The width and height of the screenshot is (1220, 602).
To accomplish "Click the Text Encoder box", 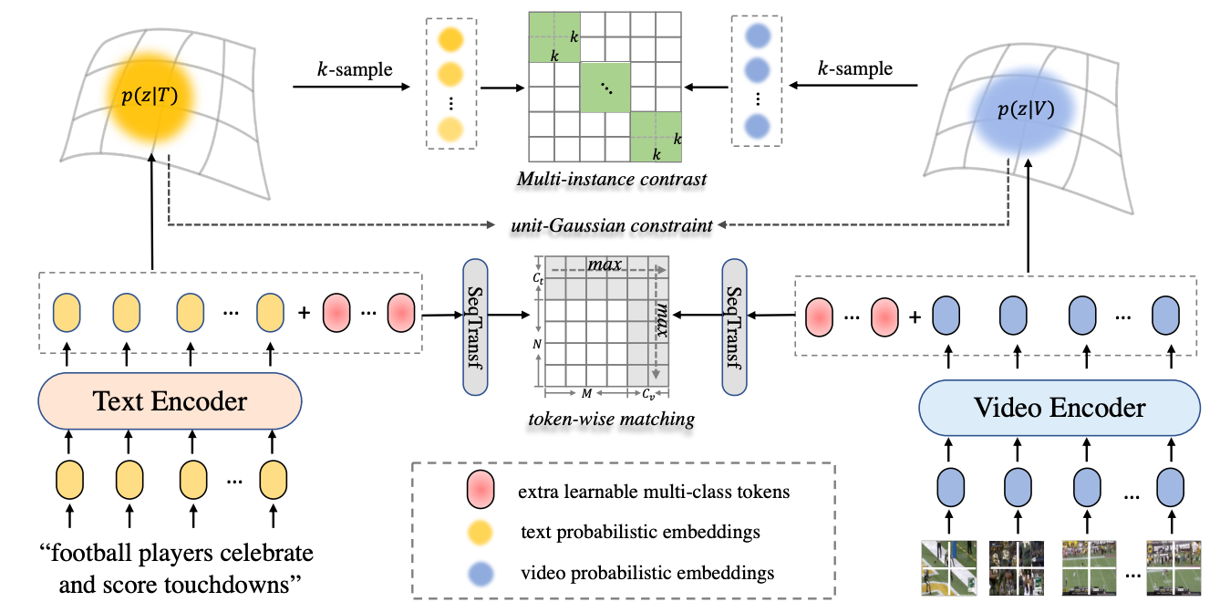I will pos(171,401).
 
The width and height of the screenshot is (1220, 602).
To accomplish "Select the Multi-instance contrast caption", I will pos(611,180).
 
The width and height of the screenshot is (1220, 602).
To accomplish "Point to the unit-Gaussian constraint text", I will pos(613,223).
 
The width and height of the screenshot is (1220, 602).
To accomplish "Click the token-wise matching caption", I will pos(611,420).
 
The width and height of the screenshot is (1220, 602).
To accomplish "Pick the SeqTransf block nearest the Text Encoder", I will pos(475,327).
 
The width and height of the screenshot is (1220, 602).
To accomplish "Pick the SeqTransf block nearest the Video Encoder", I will pos(733,327).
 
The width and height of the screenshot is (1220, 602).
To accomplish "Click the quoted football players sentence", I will pos(175,566).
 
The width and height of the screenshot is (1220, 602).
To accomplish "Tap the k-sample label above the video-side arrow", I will pos(854,69).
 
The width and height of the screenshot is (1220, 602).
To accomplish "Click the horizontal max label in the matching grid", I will pos(605,265).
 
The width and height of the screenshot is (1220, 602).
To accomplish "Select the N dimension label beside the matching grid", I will pos(536,344).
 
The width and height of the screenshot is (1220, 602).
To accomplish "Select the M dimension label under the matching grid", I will pos(586,393).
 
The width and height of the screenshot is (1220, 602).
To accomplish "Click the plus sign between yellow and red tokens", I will pos(303,314).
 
